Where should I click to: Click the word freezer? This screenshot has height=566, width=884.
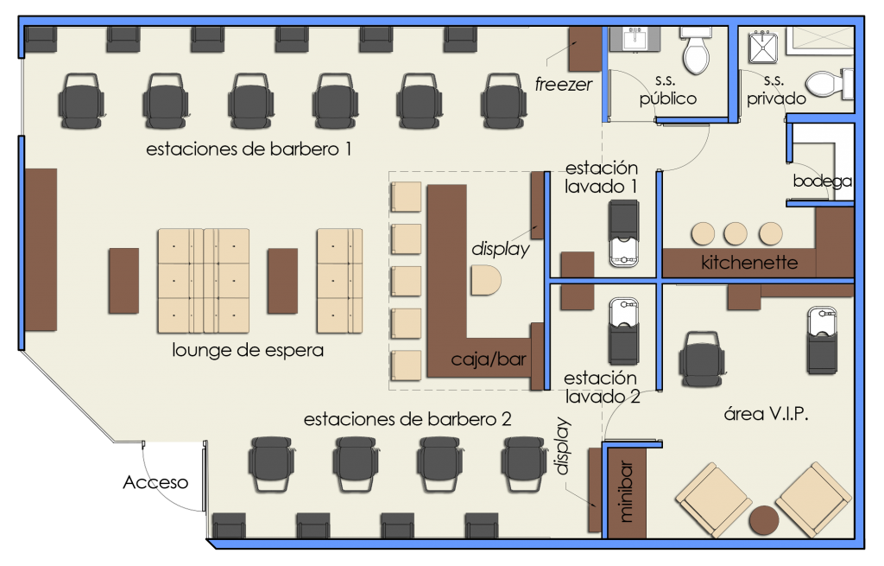click(x=563, y=85)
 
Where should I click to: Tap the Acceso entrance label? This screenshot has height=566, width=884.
click(x=155, y=482)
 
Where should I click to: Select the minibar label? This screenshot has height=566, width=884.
click(x=626, y=491)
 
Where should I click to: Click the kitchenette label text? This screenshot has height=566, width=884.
click(x=749, y=263)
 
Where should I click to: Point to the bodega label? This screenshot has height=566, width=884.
click(x=822, y=181)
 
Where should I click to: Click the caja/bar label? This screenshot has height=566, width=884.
click(x=489, y=359)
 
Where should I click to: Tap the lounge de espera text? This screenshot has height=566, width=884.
click(x=248, y=351)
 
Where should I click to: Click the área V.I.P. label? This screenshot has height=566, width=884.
click(x=767, y=414)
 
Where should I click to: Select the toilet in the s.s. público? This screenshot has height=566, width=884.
click(x=697, y=51)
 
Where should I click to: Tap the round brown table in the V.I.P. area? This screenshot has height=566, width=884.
click(x=764, y=520)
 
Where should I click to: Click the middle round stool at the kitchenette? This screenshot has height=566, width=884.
click(x=736, y=233)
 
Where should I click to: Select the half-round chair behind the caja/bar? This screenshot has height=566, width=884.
click(x=486, y=281)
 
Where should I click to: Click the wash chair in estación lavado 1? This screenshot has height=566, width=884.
click(x=624, y=234)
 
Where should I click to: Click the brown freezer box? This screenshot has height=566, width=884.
click(x=584, y=49)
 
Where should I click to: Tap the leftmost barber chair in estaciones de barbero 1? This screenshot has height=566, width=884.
click(x=81, y=101)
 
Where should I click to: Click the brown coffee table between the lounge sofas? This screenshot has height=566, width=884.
click(x=282, y=281)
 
